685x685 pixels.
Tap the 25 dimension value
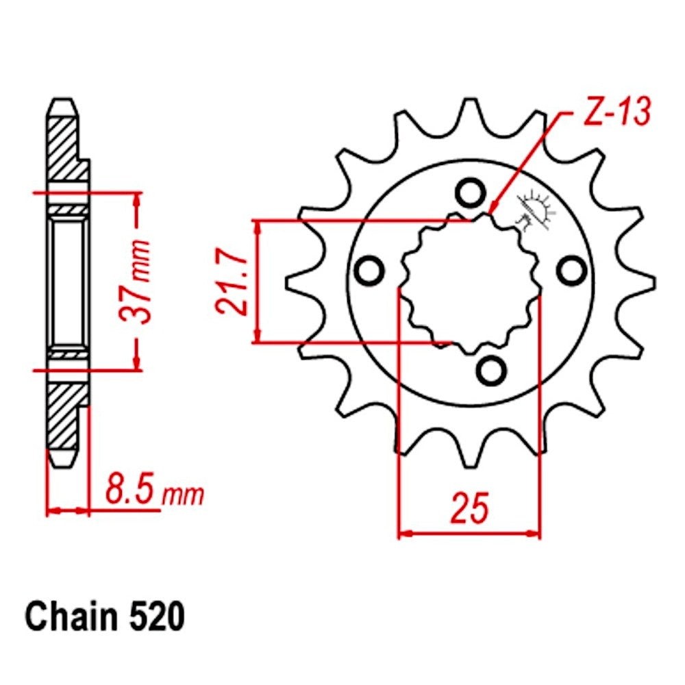469,508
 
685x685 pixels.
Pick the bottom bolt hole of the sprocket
490,370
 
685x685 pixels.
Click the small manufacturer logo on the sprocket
536,209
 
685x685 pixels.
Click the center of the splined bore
470,282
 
